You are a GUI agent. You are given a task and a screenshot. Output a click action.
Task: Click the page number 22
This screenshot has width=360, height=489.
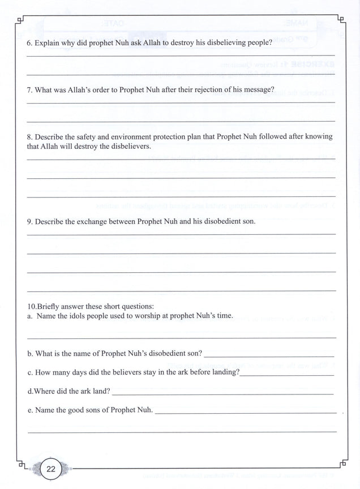click(x=50, y=469)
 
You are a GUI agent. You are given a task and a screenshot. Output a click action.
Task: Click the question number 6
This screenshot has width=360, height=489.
click(x=29, y=42)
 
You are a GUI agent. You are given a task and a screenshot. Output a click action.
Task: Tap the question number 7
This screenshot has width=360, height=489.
click(x=29, y=89)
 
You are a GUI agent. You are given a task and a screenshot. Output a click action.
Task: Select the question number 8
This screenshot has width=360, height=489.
click(x=29, y=136)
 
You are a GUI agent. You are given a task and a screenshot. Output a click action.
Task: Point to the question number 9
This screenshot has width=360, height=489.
click(x=29, y=221)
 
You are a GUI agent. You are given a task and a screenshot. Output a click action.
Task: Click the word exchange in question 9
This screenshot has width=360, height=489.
click(x=92, y=221)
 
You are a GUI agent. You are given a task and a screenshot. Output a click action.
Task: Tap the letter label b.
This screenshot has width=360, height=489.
click(x=29, y=353)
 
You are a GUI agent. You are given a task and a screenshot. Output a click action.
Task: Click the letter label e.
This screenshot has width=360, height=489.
click(x=29, y=409)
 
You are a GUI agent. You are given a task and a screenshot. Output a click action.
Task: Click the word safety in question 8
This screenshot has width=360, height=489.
click(x=87, y=136)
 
